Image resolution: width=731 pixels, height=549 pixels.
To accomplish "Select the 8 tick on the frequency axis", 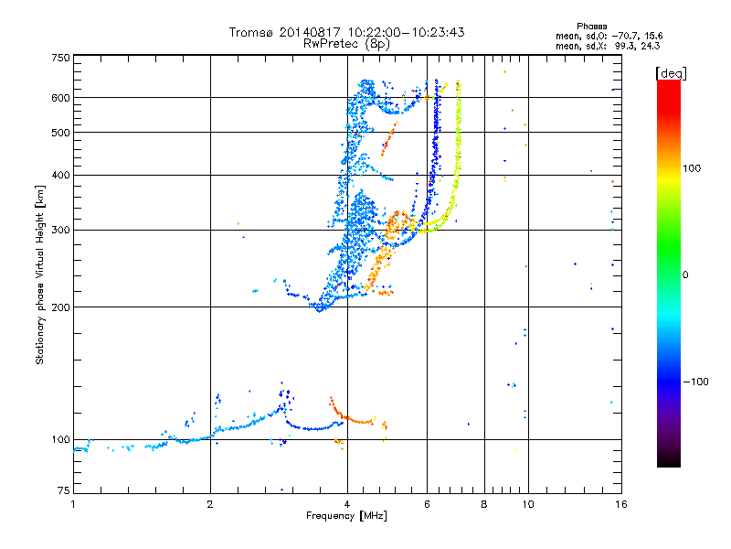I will pos(484,504).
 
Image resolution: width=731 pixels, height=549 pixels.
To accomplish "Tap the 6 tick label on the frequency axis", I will pos(427,504).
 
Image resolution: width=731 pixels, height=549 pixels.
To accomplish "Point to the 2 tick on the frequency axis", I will pos(210,504).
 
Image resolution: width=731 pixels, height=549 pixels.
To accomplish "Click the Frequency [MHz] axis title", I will pos(346,516).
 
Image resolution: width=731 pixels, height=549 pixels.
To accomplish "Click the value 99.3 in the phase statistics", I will pos(625,44).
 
